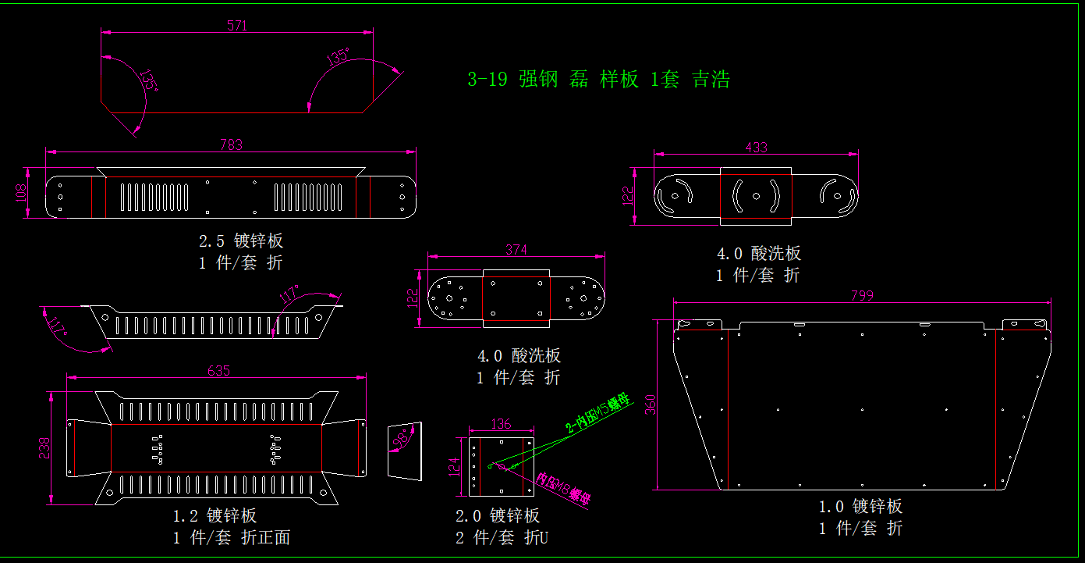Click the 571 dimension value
(237, 26)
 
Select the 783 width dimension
(231, 144)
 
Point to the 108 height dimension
(20, 192)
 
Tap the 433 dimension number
(756, 147)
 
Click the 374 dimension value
(516, 250)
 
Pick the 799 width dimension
(862, 295)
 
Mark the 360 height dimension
(651, 405)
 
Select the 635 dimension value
(218, 371)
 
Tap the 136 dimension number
(501, 424)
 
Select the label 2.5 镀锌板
(240, 241)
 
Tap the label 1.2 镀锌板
(215, 515)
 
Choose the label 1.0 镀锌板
(860, 507)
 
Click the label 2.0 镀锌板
(498, 515)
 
